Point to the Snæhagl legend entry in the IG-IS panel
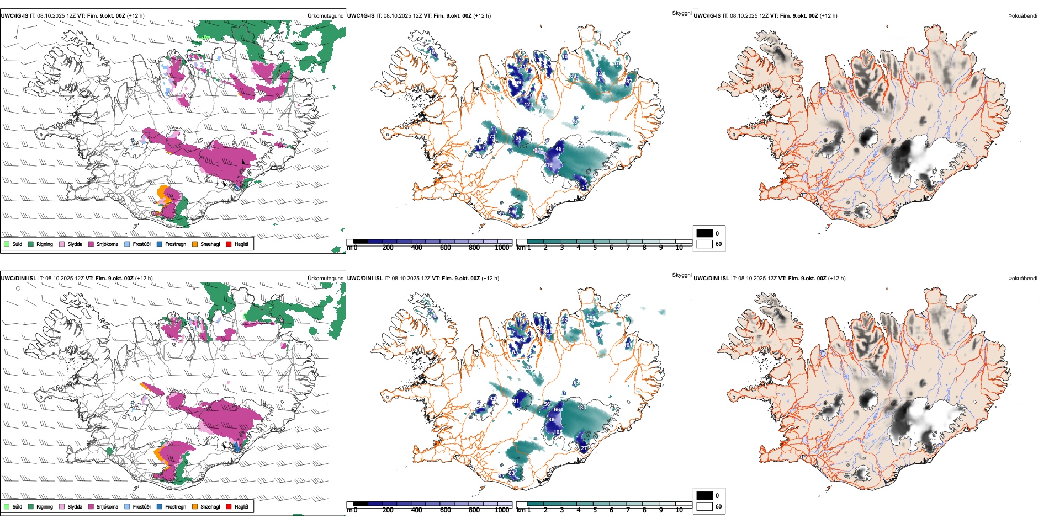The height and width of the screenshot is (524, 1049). tap(210, 244)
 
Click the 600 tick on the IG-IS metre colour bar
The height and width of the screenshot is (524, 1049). tap(446, 248)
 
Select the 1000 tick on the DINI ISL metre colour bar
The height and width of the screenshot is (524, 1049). tap(502, 510)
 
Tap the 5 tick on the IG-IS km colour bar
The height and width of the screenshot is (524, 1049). tap(595, 248)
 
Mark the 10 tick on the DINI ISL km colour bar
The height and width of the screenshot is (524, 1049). tap(679, 510)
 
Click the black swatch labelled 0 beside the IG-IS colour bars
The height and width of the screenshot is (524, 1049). tap(704, 233)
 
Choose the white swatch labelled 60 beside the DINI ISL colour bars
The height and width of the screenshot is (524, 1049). tap(704, 506)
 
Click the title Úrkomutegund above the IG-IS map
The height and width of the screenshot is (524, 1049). tap(325, 16)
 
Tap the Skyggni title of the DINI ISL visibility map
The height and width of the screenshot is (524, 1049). tap(681, 275)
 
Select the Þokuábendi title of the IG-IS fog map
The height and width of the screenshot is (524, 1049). tap(1022, 16)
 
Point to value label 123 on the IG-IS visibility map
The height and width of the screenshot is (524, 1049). tap(529, 105)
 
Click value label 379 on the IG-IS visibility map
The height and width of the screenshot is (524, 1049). tap(539, 150)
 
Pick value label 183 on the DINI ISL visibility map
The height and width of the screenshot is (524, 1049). tap(581, 408)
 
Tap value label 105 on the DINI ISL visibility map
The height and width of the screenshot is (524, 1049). tap(558, 432)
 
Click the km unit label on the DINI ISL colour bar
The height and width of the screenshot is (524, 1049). tap(521, 510)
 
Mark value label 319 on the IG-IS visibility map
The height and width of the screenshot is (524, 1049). tap(548, 165)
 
